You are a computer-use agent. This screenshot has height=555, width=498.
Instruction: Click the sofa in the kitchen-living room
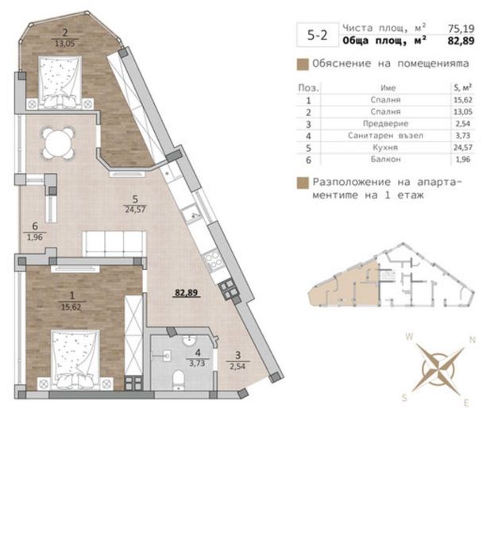point(116,243)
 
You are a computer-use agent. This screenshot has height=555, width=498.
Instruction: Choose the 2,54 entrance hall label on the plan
point(234,367)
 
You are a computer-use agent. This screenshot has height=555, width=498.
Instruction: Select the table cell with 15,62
point(457,99)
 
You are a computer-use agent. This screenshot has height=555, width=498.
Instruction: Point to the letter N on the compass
point(473,340)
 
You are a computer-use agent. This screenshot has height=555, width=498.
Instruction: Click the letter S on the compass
point(405,397)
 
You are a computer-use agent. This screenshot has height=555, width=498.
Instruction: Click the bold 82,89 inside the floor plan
point(187,292)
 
